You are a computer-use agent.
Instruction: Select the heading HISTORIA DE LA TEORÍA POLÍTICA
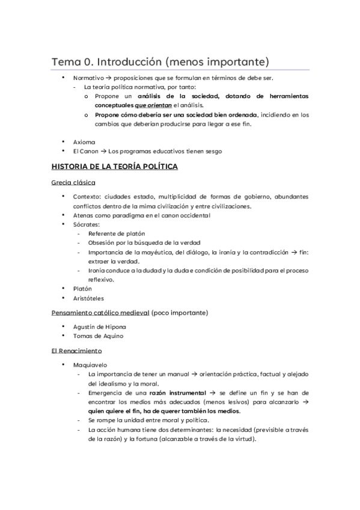pos(114,167)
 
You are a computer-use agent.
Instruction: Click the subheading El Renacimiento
pos(76,350)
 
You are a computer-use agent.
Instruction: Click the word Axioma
pos(84,142)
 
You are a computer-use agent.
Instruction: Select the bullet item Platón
pos(82,288)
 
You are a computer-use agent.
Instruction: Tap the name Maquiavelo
pos(89,364)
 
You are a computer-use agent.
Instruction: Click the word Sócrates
pos(86,224)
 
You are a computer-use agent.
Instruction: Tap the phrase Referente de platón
pos(116,233)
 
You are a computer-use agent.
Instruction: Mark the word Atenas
pos(84,215)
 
